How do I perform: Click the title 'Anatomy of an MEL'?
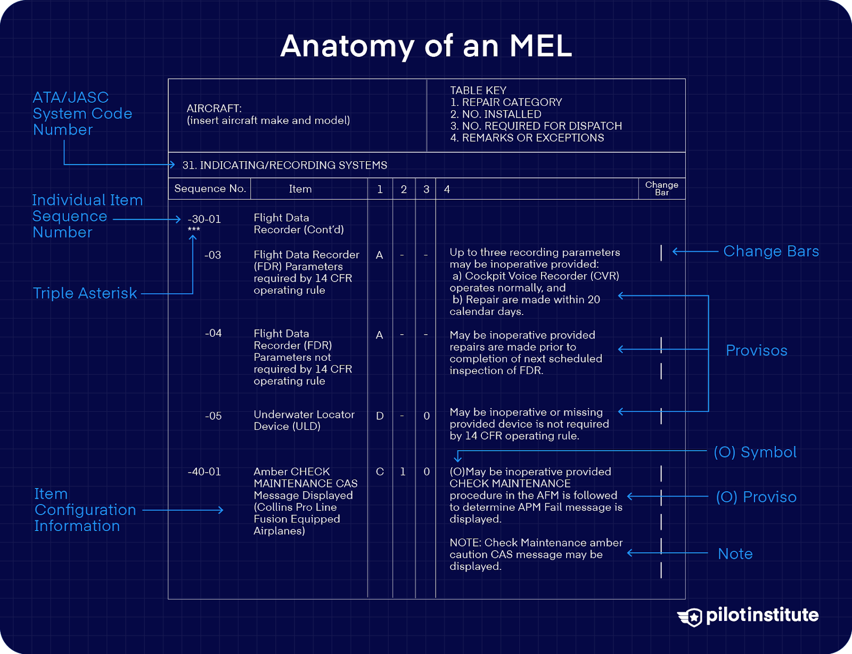(426, 46)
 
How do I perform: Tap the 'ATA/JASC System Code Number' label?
(82, 113)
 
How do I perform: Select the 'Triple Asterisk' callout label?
(85, 293)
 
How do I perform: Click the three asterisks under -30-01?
(194, 230)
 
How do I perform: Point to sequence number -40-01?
(204, 472)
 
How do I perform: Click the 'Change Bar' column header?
(661, 188)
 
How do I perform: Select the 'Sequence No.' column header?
(210, 189)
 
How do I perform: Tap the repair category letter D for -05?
(380, 416)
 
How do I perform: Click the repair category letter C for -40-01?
(380, 472)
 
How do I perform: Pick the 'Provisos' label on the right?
(756, 351)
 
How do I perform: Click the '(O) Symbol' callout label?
(755, 452)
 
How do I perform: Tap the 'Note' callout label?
(735, 554)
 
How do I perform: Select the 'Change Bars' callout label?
(771, 251)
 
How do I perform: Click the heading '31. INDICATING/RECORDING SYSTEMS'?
(284, 165)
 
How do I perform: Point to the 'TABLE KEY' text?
(478, 90)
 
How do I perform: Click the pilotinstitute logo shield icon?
(692, 617)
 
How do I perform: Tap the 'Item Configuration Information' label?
(85, 510)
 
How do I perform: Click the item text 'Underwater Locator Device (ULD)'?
(304, 420)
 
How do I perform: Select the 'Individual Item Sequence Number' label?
(87, 216)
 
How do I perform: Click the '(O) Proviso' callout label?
(756, 497)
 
